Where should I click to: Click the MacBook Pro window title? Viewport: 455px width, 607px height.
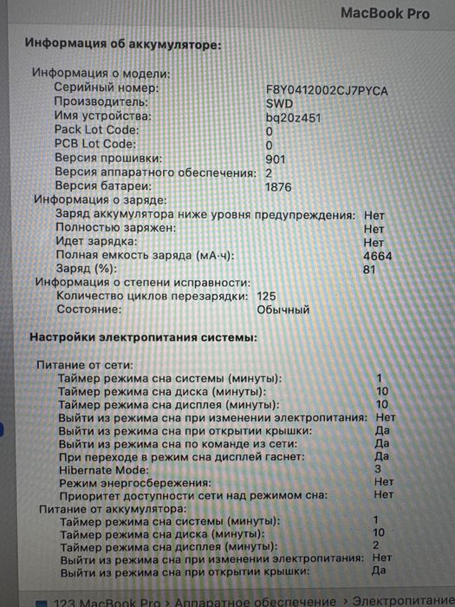point(385,13)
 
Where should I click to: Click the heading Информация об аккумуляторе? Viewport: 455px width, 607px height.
point(122,42)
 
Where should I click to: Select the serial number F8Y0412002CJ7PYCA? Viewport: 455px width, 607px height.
point(327,89)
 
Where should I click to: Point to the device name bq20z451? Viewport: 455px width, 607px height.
point(294,116)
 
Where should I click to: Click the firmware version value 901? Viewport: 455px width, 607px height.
point(276,159)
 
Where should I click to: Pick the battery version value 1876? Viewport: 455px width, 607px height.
point(279,186)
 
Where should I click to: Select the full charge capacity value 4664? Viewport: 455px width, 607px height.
point(376,256)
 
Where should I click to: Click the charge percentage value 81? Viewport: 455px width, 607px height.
point(371,270)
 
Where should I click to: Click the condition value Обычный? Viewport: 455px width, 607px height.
point(283,310)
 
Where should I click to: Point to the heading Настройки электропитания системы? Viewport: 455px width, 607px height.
point(143,336)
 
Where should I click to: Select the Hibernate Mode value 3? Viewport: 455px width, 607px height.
point(378,469)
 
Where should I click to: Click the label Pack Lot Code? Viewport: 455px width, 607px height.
point(95,130)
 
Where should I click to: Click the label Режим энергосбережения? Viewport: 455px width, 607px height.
point(133,482)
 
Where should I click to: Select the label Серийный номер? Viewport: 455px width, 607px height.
point(106,88)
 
